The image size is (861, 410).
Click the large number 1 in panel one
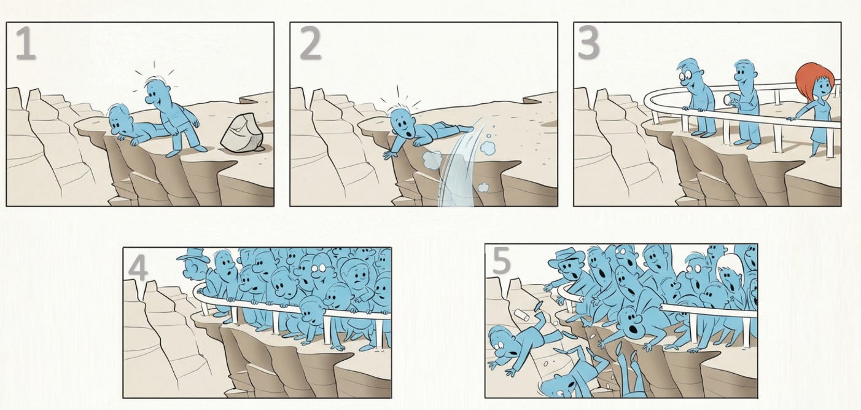click(26, 43)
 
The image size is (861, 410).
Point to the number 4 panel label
click(138, 269)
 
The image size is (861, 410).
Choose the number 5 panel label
click(501, 261)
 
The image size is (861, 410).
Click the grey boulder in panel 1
click(243, 133)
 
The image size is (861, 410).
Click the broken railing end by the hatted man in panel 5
click(580, 299)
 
